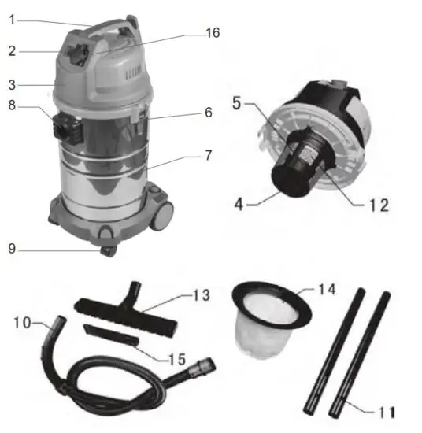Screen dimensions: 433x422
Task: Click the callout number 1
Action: click(12, 19)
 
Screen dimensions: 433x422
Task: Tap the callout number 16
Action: click(211, 33)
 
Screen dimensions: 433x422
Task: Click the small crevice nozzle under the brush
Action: click(110, 334)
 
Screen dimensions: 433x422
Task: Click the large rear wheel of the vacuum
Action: click(164, 210)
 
